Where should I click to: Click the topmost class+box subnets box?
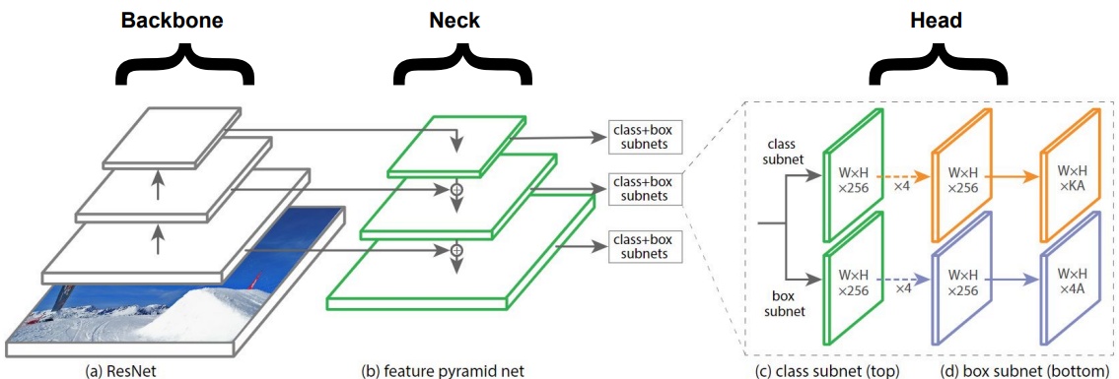pyautogui.click(x=646, y=140)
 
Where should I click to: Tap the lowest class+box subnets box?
pyautogui.click(x=646, y=245)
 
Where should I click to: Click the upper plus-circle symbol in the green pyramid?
pyautogui.click(x=455, y=187)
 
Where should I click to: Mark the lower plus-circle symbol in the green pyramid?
pyautogui.click(x=455, y=251)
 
